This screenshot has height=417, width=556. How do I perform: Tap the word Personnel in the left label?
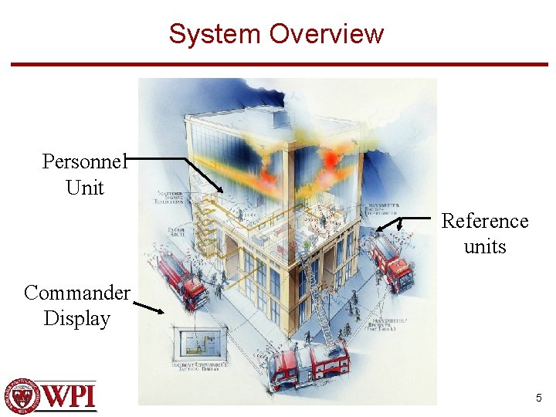click(83, 161)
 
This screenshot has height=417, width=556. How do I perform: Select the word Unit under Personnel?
click(85, 188)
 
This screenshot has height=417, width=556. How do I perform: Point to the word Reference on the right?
click(485, 221)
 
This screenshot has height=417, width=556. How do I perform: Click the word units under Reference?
click(485, 247)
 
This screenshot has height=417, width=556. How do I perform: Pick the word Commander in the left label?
click(77, 293)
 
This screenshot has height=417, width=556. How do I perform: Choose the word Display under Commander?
click(77, 318)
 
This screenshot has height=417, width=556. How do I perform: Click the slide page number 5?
click(539, 398)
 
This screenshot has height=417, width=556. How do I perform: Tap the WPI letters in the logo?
click(69, 395)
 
